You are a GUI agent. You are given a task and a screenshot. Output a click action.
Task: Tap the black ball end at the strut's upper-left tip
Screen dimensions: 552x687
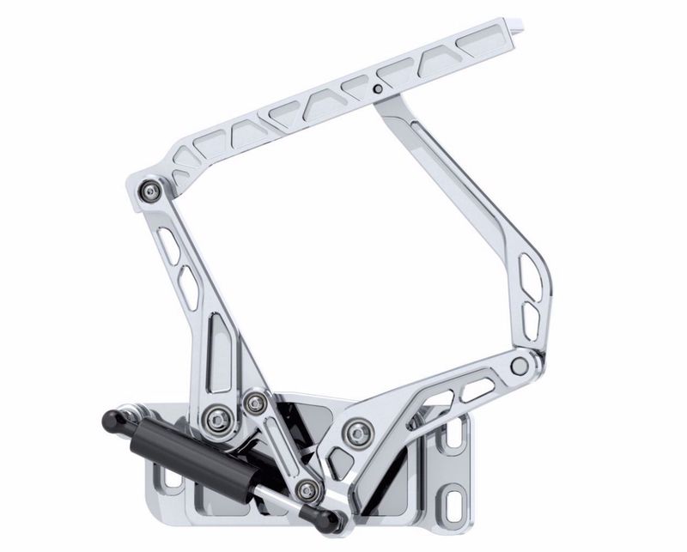coord(110,420)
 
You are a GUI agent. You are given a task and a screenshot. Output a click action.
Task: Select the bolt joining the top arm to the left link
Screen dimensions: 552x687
coord(152,190)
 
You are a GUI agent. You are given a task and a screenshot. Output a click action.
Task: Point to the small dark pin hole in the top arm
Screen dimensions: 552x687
coord(377,88)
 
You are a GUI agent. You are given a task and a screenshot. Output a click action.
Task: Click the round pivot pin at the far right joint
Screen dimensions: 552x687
coord(519,367)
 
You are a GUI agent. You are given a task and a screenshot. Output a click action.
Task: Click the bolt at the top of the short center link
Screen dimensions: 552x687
coord(254,402)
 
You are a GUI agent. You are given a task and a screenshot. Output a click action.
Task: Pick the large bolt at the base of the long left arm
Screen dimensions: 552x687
coord(216,419)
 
